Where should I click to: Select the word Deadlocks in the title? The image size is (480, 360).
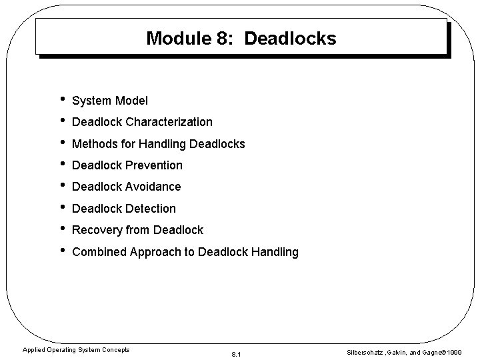[x=290, y=38]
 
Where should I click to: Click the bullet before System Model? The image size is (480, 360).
[x=61, y=100]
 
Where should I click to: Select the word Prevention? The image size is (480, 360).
[x=155, y=165]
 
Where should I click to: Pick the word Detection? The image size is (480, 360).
[x=151, y=209]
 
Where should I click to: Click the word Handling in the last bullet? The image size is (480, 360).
[x=274, y=252]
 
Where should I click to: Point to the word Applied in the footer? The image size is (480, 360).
[x=33, y=349]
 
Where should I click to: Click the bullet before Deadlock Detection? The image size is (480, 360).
[x=61, y=208]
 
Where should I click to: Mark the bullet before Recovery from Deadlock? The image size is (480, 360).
[x=61, y=229]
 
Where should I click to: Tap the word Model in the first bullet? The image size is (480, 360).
[x=131, y=101]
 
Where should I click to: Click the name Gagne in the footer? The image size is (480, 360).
[x=433, y=351]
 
